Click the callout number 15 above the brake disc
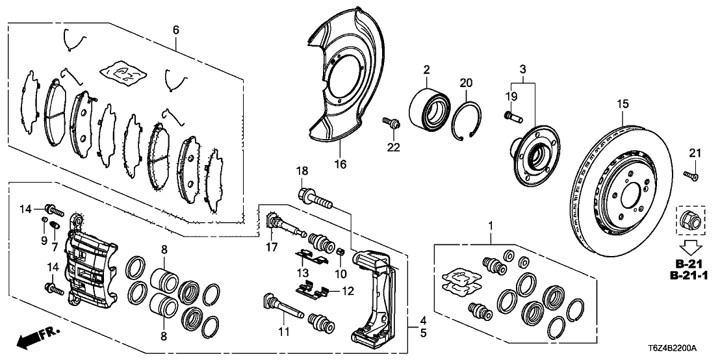tap(623, 103)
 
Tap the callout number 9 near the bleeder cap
tap(44, 240)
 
